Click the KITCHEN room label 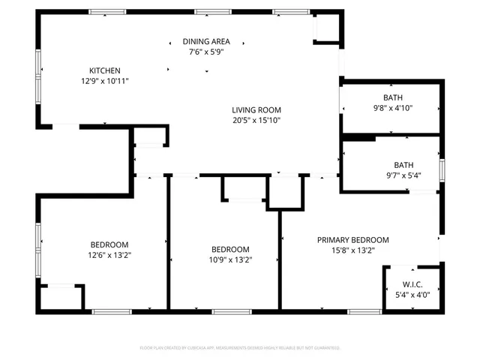(x=105, y=70)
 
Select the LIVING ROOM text (x=256, y=109)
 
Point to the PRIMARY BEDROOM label (x=352, y=240)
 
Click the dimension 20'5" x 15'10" (x=256, y=120)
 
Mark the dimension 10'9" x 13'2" (x=230, y=260)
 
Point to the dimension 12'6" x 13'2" (x=109, y=255)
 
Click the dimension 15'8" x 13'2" (x=352, y=250)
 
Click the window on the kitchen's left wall (x=39, y=82)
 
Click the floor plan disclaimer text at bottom (x=240, y=348)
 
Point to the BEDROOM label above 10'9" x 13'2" (x=230, y=250)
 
